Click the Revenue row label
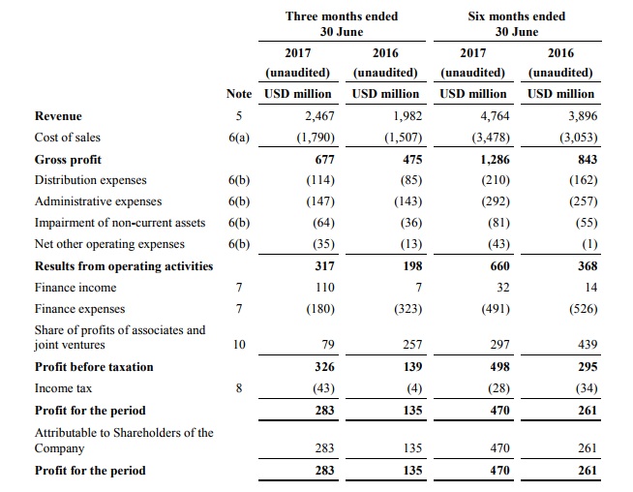pos(58,116)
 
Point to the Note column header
pos(239,94)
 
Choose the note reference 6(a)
pos(238,138)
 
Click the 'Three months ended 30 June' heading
pos(342,24)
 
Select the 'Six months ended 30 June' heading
pos(517,24)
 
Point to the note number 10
pos(238,345)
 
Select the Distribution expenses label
pos(91,180)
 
